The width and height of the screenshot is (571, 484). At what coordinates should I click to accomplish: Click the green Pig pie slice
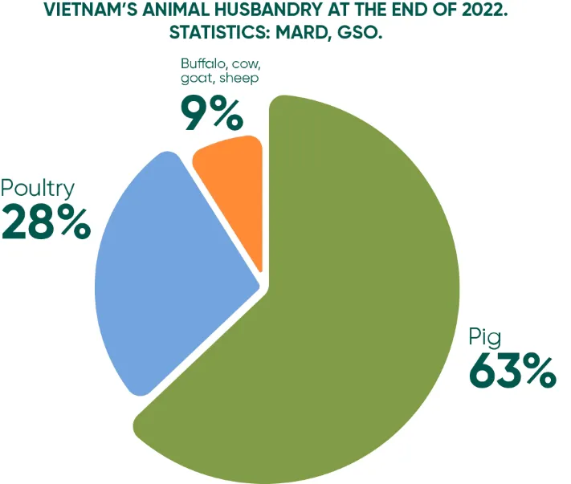[353, 321]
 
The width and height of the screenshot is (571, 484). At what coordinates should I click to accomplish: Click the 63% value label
[512, 371]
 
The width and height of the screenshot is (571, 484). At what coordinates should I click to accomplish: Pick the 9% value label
[211, 112]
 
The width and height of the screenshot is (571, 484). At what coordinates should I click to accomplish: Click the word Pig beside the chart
[484, 336]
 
